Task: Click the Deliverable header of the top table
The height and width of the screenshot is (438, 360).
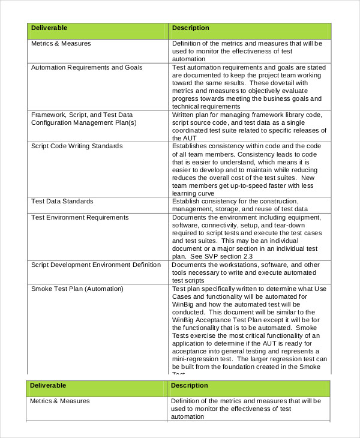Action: pos(49,28)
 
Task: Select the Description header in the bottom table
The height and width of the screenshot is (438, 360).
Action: pos(190,386)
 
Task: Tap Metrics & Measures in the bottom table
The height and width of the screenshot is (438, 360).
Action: pos(60,401)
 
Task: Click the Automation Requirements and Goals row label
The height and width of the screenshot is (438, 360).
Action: pos(87,68)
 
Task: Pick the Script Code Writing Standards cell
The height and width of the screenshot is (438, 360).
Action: pos(77,146)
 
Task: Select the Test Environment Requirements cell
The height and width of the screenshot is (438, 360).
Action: pos(80,217)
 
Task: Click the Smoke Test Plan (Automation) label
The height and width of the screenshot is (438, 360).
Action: pos(77,289)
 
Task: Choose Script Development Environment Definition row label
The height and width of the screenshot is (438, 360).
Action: pos(96,265)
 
